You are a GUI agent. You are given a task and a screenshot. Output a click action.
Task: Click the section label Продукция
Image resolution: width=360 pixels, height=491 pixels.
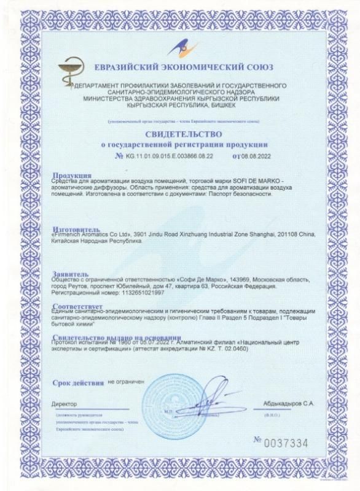[x=72, y=175]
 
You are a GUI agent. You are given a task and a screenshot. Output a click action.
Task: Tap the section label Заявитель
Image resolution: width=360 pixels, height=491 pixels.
[x=71, y=274]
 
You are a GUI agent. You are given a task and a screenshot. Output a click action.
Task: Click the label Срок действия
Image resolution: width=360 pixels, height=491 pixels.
[x=78, y=383]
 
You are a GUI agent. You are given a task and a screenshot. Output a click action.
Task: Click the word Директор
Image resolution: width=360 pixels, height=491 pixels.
[x=65, y=404]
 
